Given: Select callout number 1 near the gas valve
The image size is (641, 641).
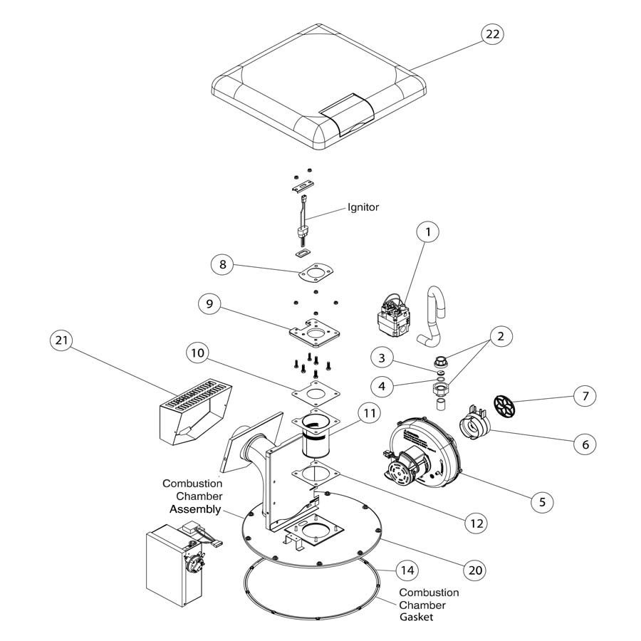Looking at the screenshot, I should click(428, 232).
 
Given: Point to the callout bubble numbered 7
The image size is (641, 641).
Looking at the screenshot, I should click(583, 395).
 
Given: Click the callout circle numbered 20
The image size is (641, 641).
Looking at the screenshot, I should click(474, 570).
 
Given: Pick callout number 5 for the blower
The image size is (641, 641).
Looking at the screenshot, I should click(542, 501).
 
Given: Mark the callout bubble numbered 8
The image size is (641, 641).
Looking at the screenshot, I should click(223, 264).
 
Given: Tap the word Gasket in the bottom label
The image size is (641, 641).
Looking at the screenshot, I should click(416, 617).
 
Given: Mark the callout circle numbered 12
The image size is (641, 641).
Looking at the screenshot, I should click(475, 522).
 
